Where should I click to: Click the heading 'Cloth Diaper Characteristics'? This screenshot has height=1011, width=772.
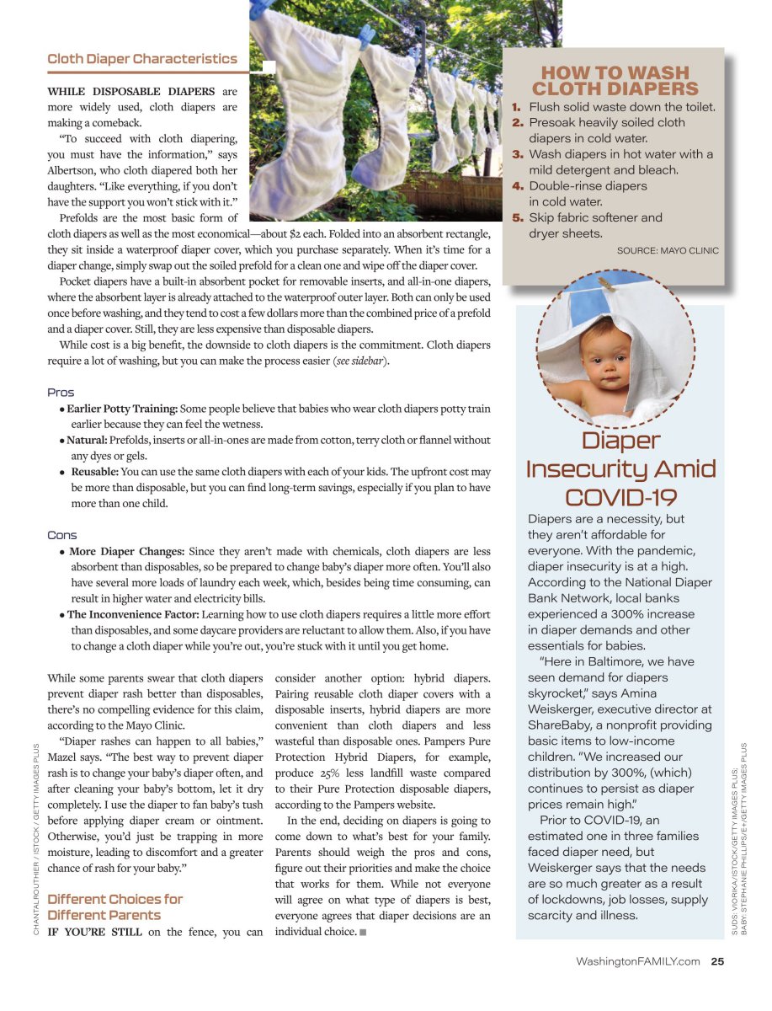[142, 59]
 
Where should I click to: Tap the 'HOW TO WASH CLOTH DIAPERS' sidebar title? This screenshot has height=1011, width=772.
[615, 81]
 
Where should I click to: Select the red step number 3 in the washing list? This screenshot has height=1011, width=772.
[518, 154]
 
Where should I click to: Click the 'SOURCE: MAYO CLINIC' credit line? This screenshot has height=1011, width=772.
[668, 250]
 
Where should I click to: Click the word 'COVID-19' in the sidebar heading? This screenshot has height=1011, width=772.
[621, 497]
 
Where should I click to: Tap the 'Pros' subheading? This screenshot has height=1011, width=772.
[61, 393]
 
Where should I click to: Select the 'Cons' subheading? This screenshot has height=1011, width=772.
[62, 535]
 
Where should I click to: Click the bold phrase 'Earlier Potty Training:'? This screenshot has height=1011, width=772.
[124, 409]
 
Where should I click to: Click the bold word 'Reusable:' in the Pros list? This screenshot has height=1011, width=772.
[94, 472]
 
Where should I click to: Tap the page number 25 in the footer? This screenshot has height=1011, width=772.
[717, 961]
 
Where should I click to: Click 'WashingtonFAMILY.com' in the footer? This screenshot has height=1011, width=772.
[637, 961]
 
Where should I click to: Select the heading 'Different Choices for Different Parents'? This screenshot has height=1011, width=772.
[115, 907]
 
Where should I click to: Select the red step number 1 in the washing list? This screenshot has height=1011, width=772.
[518, 107]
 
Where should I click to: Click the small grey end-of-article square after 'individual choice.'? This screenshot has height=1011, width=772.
[363, 932]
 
